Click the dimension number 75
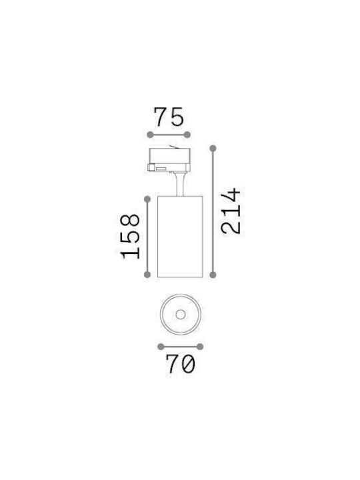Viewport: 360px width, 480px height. (169, 117)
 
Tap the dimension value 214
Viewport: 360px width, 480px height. (231, 211)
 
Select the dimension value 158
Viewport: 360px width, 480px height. (130, 237)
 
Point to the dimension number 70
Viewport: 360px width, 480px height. (180, 364)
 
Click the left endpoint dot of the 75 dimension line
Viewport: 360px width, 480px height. (150, 135)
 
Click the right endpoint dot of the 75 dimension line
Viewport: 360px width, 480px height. (187, 135)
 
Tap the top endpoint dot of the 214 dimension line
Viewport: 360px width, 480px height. (213, 149)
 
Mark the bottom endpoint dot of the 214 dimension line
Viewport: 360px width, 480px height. (213, 275)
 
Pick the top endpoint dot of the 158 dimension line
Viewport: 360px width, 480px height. (147, 199)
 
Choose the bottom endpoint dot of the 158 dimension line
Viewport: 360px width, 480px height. (147, 274)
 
